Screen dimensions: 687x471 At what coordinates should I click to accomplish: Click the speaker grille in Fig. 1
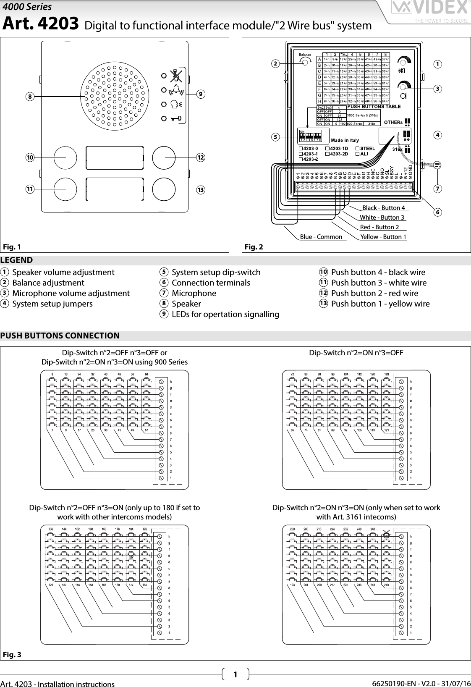(114, 97)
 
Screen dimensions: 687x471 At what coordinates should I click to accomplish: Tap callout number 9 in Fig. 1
(201, 94)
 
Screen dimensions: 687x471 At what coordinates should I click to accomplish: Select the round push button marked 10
(65, 157)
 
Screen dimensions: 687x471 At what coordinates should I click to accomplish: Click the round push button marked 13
(164, 189)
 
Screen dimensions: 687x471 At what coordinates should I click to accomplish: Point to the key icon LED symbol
(176, 119)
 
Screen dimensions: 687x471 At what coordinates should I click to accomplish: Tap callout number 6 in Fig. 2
(437, 212)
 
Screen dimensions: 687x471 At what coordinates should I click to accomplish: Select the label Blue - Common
(321, 237)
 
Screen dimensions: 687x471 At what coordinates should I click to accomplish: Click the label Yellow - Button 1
(383, 237)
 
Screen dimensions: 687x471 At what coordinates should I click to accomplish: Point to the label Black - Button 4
(383, 208)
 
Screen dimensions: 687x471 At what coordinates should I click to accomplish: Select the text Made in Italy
(345, 140)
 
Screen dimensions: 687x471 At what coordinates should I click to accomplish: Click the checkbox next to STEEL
(357, 149)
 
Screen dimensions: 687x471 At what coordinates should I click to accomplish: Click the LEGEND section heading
(17, 260)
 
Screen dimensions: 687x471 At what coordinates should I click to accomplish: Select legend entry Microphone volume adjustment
(71, 293)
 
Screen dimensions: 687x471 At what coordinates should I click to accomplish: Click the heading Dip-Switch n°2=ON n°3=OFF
(356, 353)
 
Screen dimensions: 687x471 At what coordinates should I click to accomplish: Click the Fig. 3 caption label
(12, 655)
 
